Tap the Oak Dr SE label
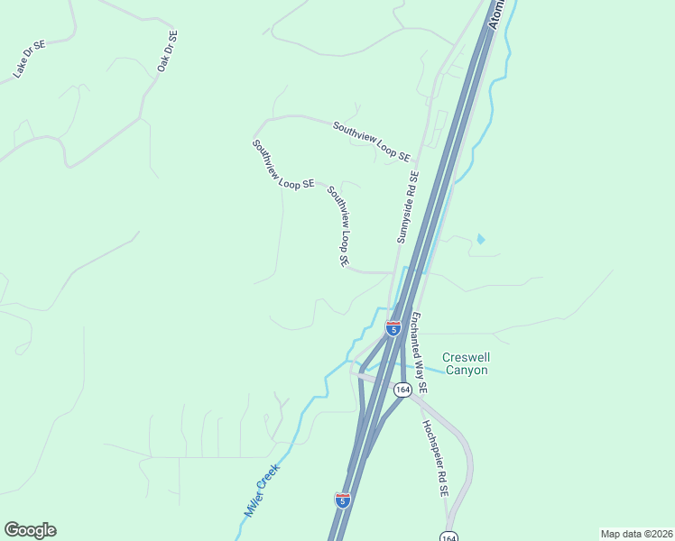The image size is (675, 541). [168, 50]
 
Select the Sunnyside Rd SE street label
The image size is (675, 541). [408, 207]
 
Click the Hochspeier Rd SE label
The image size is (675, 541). [435, 459]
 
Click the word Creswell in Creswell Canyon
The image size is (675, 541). [465, 356]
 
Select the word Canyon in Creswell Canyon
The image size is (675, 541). [465, 370]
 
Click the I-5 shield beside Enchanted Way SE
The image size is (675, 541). [393, 328]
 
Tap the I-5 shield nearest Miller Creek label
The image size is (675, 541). [343, 500]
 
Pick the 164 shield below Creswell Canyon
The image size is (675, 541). [402, 390]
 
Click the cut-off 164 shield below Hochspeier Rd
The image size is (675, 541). [448, 536]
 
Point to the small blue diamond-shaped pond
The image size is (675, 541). [480, 239]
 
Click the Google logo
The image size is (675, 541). [30, 530]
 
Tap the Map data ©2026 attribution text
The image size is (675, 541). [635, 534]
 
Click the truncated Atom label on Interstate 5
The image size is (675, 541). [497, 14]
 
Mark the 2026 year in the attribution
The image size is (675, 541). [659, 534]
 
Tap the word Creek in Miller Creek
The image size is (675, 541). [269, 477]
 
